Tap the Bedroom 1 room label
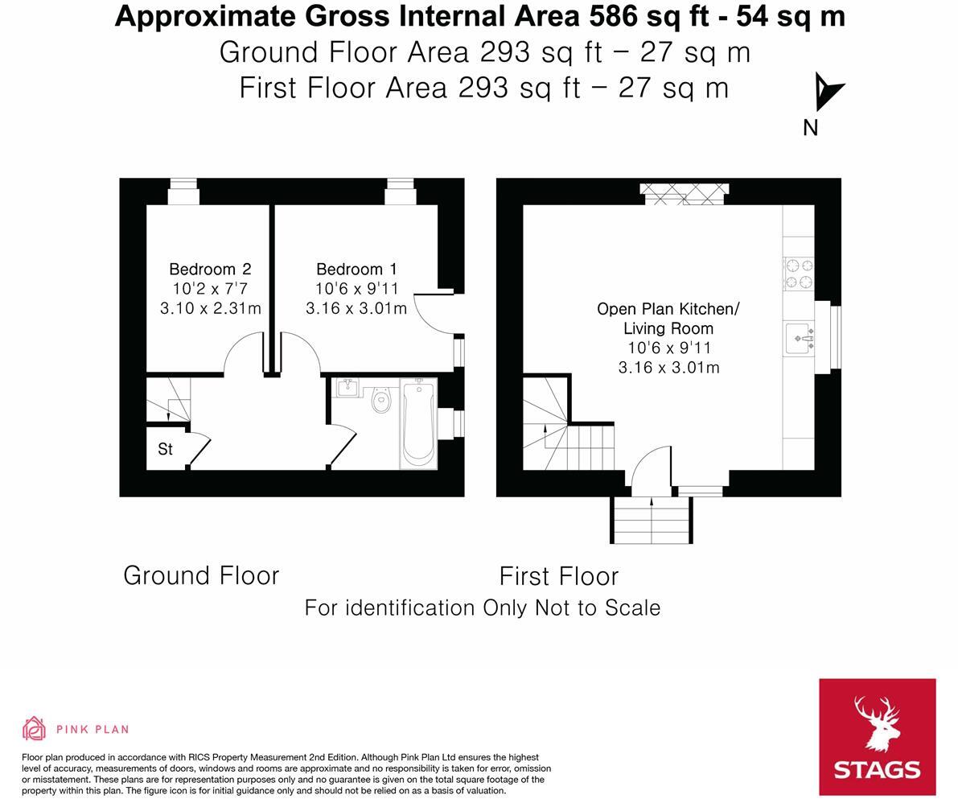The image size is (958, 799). point(356,270)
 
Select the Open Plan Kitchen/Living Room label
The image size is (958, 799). point(668,319)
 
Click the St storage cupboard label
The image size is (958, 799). point(165,450)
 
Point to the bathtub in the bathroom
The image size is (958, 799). point(418,422)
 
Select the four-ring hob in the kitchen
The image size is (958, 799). point(798,273)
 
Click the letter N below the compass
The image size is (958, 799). point(811,128)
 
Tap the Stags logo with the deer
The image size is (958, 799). point(877,736)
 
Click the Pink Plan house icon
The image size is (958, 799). point(35,729)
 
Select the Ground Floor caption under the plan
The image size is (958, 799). point(201,576)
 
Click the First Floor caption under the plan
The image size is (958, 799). point(559,577)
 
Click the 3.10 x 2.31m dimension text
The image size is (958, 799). point(210,308)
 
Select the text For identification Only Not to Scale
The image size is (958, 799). point(483,608)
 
